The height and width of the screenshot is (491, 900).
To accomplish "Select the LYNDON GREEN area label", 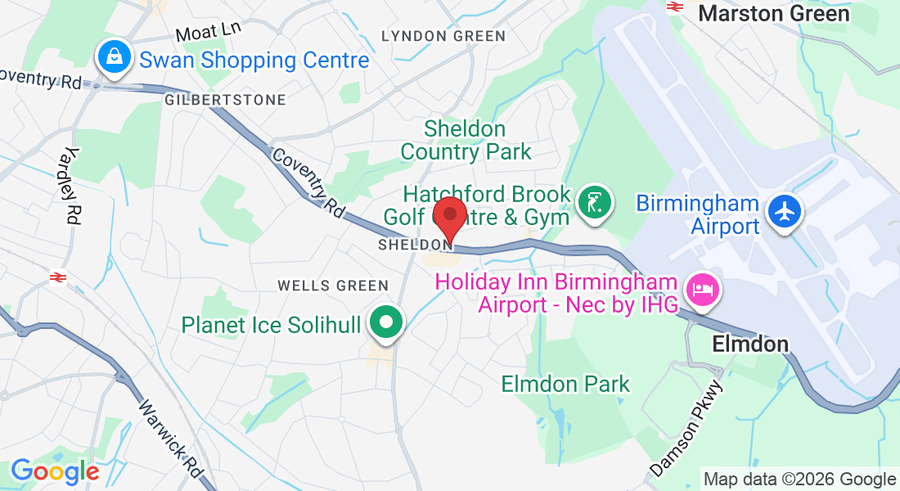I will tap(443, 36).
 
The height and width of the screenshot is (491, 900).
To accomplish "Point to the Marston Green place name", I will tap(773, 13).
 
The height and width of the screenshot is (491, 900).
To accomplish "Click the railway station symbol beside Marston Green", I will tap(675, 7).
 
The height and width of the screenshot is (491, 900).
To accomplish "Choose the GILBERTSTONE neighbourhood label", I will tap(225, 100).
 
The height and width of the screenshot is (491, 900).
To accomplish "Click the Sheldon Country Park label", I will tap(465, 140).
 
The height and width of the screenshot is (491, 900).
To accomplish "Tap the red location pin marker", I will tap(449, 216).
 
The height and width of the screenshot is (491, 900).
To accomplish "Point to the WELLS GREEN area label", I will tap(332, 286).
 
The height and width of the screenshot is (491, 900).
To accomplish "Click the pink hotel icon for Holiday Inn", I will tap(703, 289).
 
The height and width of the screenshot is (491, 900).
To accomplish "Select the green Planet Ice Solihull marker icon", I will tap(385, 322).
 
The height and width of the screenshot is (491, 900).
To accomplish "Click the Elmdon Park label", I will tap(565, 384).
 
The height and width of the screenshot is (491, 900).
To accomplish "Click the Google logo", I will tap(54, 471).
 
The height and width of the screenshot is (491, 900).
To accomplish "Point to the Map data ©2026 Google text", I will tap(799, 480).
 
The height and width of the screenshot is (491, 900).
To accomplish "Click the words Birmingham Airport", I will tap(697, 214).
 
